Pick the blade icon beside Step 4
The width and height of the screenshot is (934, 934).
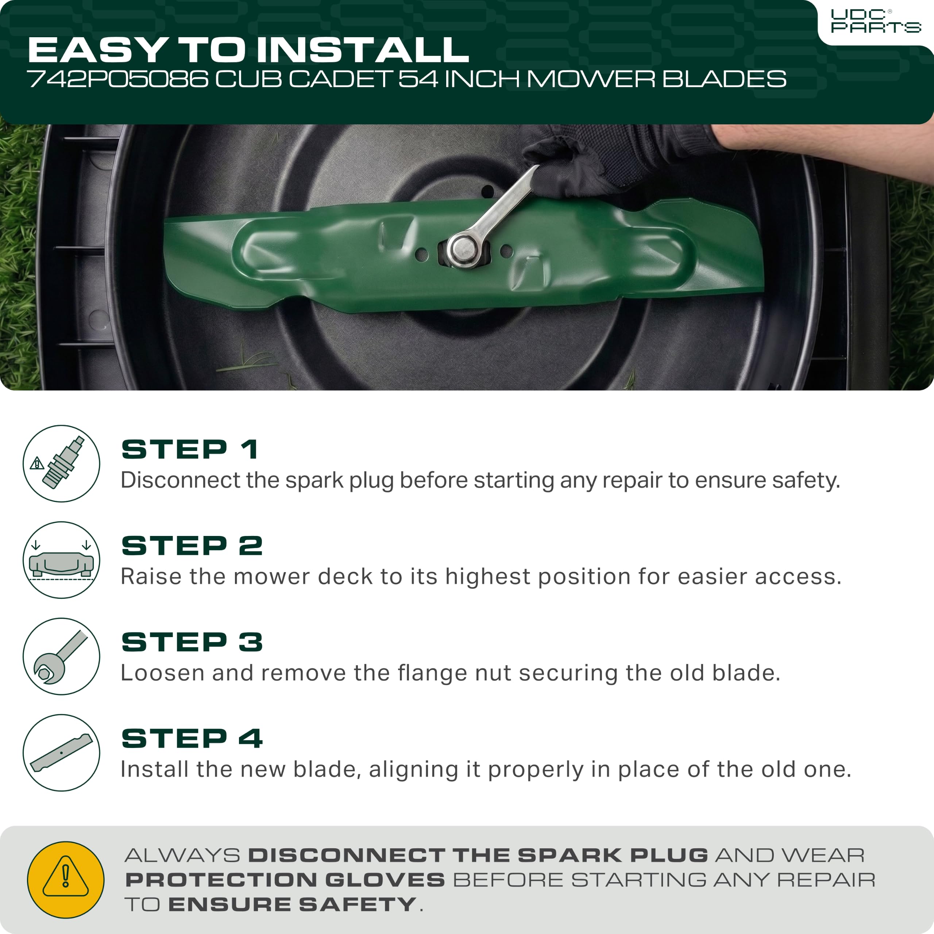(61, 753)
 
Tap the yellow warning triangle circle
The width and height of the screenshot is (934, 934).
(66, 880)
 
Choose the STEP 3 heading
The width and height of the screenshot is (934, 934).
(192, 642)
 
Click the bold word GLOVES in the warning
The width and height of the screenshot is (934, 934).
(385, 880)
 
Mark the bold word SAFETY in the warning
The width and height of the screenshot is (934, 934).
(357, 904)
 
